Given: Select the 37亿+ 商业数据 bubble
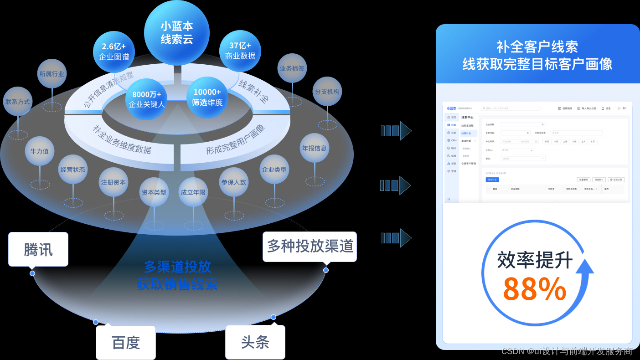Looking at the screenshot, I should click(240, 51).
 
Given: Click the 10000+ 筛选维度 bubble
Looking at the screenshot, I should click(207, 97).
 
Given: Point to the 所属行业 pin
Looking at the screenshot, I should click(52, 74).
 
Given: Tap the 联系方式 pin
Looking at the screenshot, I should click(18, 102).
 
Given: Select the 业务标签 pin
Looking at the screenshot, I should click(292, 68).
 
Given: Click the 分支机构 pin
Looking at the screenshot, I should click(327, 92).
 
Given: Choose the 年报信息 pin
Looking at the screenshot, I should click(314, 148).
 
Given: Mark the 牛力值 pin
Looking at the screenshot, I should click(39, 151).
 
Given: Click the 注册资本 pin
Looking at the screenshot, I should click(114, 182).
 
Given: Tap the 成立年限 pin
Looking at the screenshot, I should click(193, 192).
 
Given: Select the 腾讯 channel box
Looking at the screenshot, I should click(38, 249).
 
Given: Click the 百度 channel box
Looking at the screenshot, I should click(126, 342).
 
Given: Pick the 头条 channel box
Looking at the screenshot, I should click(255, 342).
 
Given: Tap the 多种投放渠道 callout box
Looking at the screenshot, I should click(310, 247).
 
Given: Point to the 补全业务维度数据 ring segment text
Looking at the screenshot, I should click(122, 141).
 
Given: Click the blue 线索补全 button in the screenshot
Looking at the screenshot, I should click(492, 180).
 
